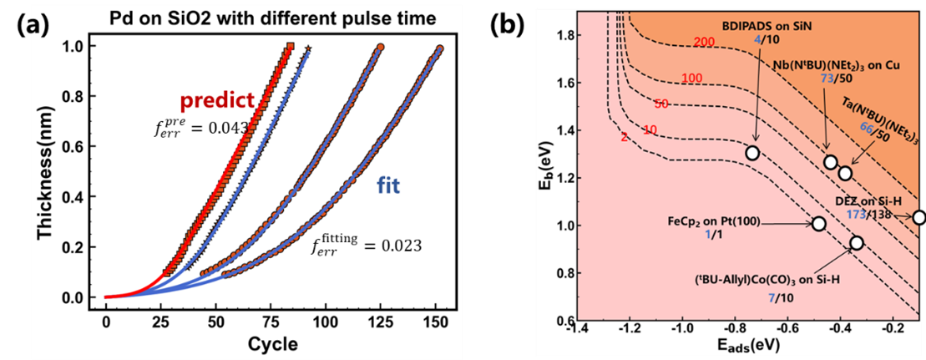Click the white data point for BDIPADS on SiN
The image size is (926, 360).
click(752, 153)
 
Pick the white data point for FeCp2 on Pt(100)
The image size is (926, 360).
click(819, 224)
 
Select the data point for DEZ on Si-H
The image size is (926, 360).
click(919, 217)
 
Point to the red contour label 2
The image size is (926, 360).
click(624, 136)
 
